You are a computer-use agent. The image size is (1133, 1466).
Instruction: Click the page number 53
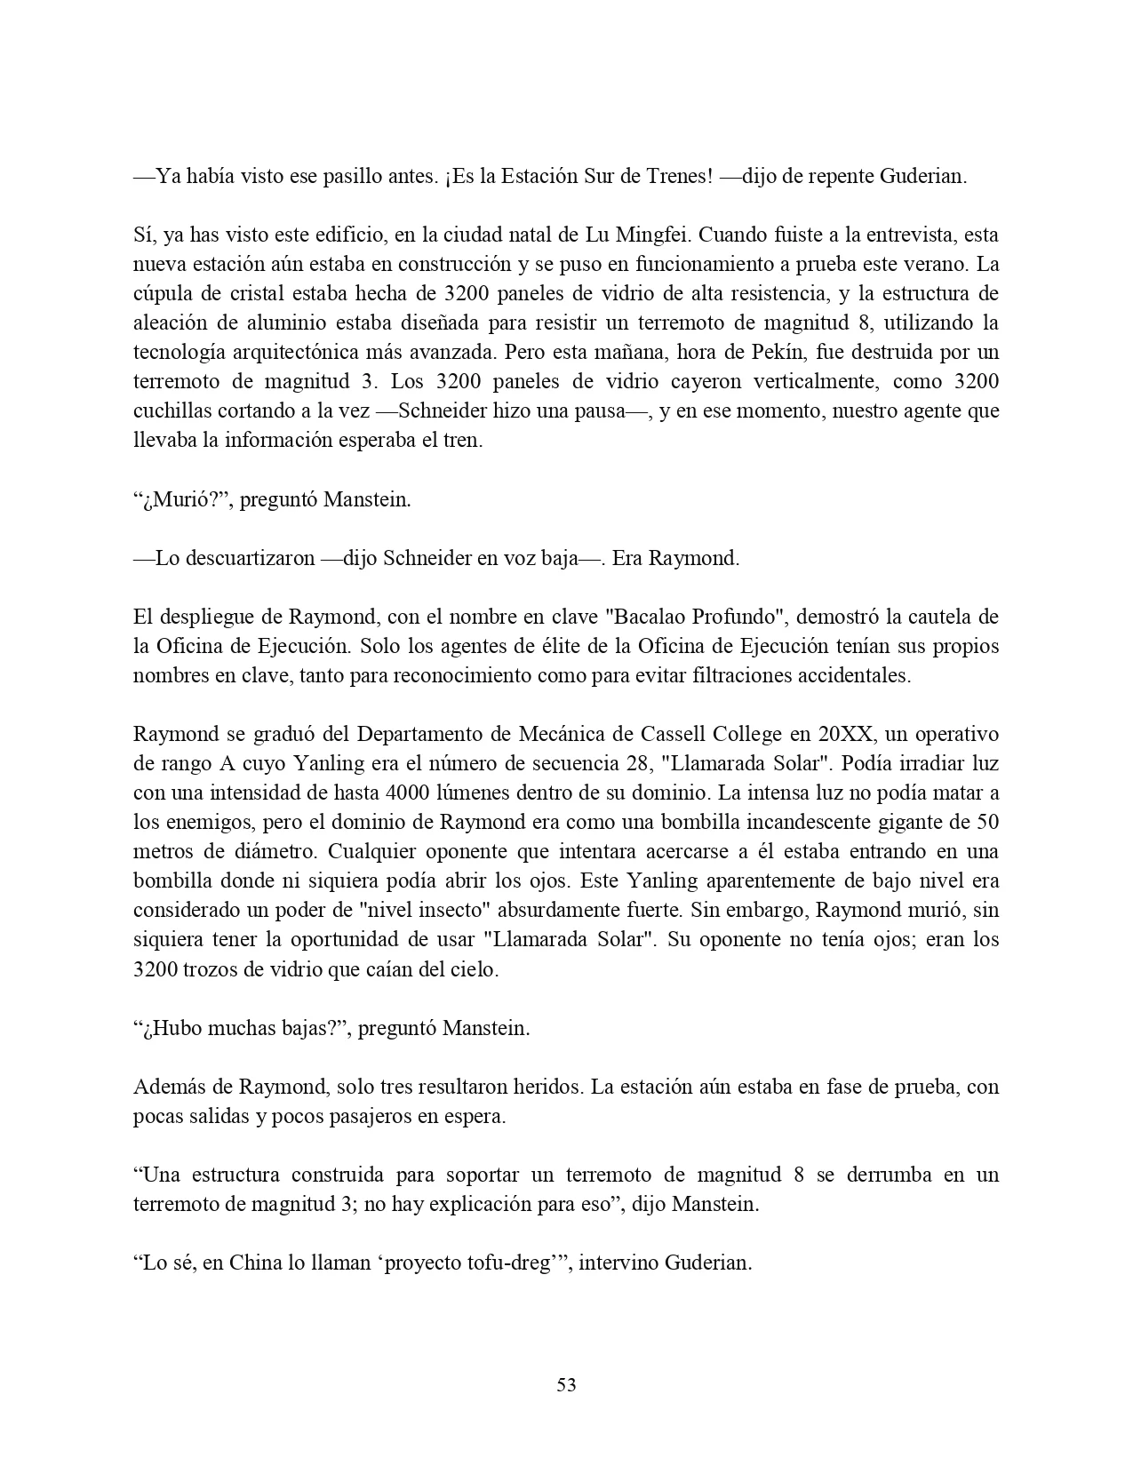pos(566,1384)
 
